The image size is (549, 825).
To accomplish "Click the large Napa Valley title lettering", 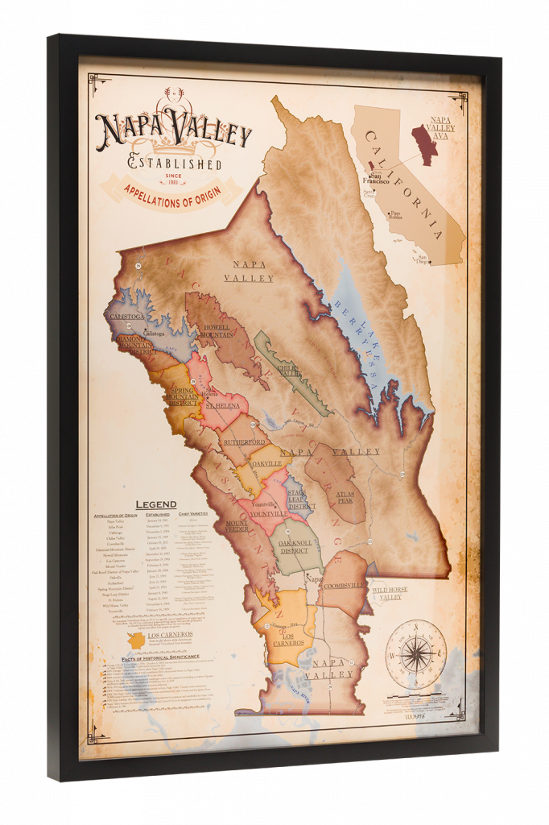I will click(x=173, y=131).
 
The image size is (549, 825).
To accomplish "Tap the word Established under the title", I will click(x=175, y=164).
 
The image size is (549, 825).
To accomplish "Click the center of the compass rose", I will click(x=415, y=652).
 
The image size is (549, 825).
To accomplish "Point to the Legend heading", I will click(x=155, y=504).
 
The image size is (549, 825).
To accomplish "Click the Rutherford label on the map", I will click(x=245, y=443).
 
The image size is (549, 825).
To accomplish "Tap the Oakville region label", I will click(x=266, y=464).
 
